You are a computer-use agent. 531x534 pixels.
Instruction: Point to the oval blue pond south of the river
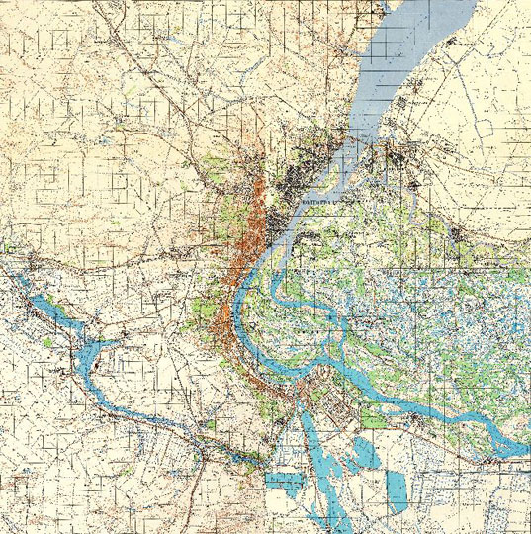pyautogui.click(x=361, y=454)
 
